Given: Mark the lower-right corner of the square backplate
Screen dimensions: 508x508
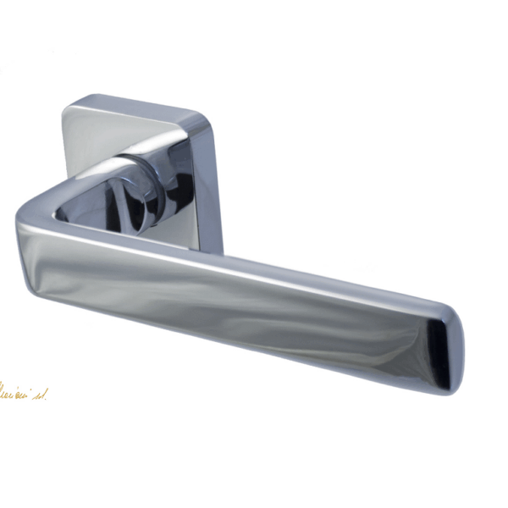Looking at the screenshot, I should [217, 246].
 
